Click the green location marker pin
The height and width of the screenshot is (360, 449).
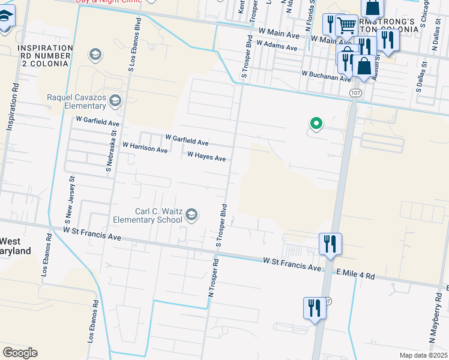point(316,124)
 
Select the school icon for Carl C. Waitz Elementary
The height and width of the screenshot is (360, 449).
point(191,215)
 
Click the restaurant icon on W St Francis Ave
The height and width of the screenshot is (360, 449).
point(330,244)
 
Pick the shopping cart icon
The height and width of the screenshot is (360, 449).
point(346,25)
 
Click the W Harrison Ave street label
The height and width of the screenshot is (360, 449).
point(145,147)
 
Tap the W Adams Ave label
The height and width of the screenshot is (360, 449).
point(277,44)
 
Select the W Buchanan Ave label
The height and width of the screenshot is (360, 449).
point(326,76)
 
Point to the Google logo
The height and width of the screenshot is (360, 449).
point(20,353)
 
